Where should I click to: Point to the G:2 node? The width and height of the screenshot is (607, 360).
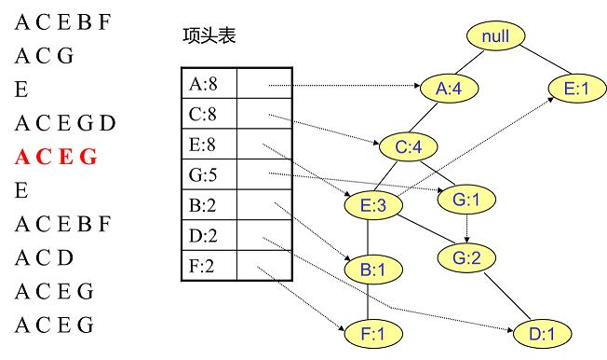coord(467,257)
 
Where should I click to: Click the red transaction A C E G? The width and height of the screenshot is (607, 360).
coord(55,157)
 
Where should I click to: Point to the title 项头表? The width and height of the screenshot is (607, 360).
coord(209,38)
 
